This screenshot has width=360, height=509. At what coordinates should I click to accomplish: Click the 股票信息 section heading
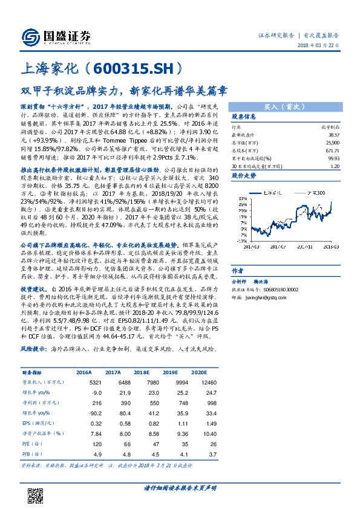click(243, 116)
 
